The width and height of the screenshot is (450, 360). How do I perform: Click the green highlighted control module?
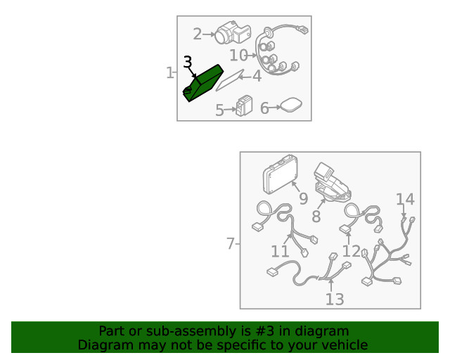coord(203,83)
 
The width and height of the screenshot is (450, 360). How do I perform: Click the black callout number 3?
coord(188,62)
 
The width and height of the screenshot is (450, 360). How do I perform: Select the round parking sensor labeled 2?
coord(233,32)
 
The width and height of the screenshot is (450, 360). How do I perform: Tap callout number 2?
coord(197,34)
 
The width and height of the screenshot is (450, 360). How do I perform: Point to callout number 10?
coord(238,55)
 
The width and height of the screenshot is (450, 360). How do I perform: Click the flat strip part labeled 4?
coord(230,80)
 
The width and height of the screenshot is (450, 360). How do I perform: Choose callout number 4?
coord(257,77)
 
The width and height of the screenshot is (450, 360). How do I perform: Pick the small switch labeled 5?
coord(244,105)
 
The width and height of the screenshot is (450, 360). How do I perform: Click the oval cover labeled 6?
coord(291,105)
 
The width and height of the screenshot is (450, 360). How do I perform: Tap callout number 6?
coord(264,108)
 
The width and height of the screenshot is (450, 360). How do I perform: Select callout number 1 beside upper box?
coord(170,72)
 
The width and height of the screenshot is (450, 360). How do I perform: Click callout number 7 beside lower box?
coord(231,244)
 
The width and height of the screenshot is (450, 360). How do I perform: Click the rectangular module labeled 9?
coord(281,174)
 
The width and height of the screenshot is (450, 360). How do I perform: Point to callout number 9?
coord(303,198)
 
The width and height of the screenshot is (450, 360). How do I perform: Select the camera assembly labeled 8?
coord(333,183)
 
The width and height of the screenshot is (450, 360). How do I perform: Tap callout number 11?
coord(280,252)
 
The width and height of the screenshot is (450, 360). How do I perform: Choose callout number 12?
coord(352,251)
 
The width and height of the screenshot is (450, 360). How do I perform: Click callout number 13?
coord(335,299)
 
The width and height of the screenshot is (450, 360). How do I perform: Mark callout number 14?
coord(405,199)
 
